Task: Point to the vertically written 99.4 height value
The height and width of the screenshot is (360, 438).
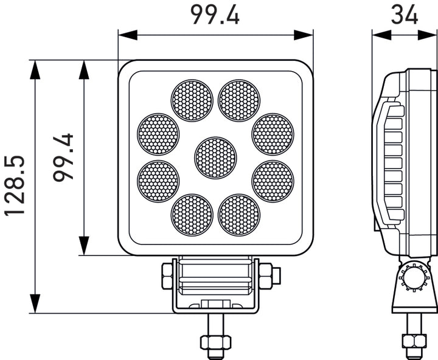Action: pos(63,157)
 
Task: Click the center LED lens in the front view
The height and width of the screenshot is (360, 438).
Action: pos(215,157)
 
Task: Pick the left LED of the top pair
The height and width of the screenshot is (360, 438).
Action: pos(192,100)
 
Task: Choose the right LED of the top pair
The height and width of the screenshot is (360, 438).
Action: pos(239,100)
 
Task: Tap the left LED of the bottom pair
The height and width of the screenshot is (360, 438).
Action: pos(192,215)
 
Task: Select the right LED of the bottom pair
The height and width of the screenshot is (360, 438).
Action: pos(239,215)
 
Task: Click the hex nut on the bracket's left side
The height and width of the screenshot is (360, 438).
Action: pos(167,277)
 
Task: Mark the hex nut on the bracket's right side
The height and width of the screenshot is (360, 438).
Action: pos(266,277)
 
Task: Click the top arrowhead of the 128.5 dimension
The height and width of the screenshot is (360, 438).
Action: pos(35,69)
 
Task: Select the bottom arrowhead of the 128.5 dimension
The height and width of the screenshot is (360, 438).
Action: pos(35,304)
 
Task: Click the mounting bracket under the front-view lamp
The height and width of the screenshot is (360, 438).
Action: pos(216,286)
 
